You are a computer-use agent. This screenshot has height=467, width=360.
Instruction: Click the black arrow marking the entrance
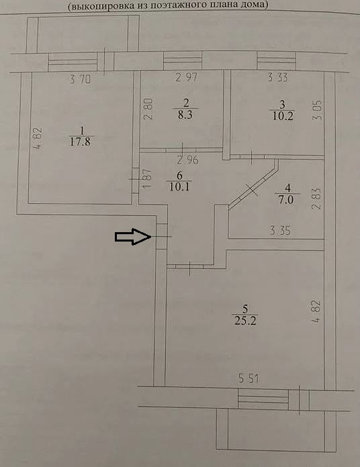click(x=133, y=237)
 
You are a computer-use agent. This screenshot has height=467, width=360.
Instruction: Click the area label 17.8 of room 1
click(x=80, y=142)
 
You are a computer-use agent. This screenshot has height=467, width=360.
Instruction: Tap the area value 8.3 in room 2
click(x=185, y=115)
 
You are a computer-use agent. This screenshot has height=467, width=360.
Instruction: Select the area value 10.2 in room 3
click(x=283, y=115)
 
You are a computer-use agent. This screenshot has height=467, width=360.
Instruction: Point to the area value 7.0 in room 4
click(x=286, y=199)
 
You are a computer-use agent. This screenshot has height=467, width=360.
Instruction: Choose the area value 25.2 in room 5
click(x=245, y=321)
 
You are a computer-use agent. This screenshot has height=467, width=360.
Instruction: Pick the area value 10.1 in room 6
click(x=179, y=187)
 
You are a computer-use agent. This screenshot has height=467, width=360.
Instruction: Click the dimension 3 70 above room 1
click(x=80, y=79)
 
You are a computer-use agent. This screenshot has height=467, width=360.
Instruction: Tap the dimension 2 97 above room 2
click(x=187, y=77)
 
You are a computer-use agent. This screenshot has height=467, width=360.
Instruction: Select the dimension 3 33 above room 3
click(x=278, y=77)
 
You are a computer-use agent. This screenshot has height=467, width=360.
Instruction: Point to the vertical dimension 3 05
click(x=318, y=110)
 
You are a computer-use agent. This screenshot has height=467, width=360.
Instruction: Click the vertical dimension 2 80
click(x=148, y=109)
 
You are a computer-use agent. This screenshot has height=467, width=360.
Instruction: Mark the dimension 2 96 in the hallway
click(x=187, y=160)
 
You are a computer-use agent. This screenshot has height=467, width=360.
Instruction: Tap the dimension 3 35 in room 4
click(x=279, y=231)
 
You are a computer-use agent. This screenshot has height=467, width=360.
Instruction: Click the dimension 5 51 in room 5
click(x=249, y=378)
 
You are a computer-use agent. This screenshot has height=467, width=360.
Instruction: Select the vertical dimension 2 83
click(x=318, y=199)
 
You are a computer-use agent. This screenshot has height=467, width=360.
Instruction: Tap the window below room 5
click(x=263, y=399)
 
